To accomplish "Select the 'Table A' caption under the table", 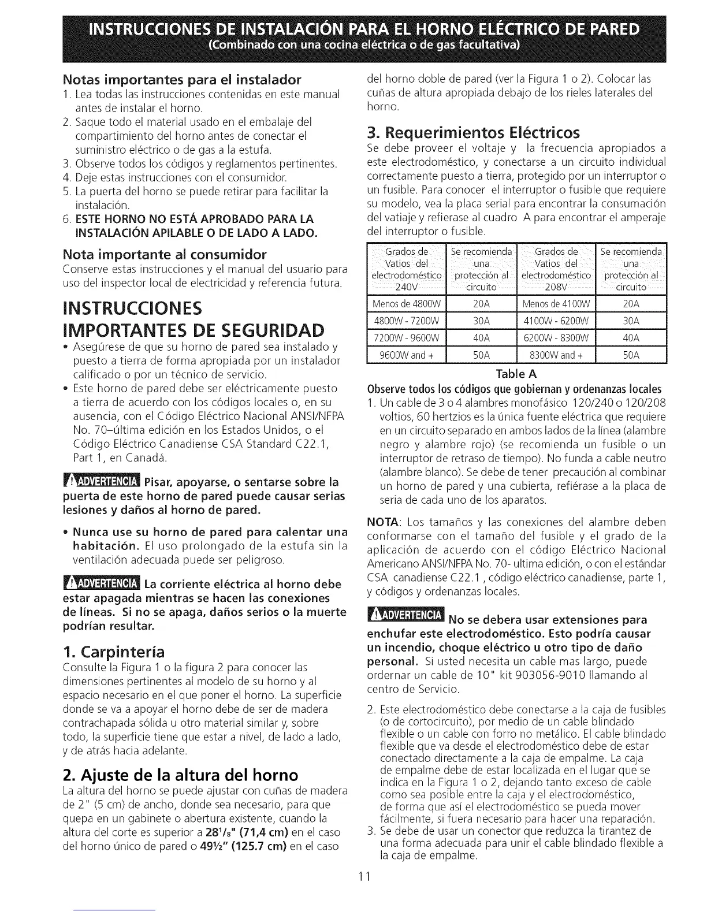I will (x=517, y=373).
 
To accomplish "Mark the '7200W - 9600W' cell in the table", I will (x=407, y=338).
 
